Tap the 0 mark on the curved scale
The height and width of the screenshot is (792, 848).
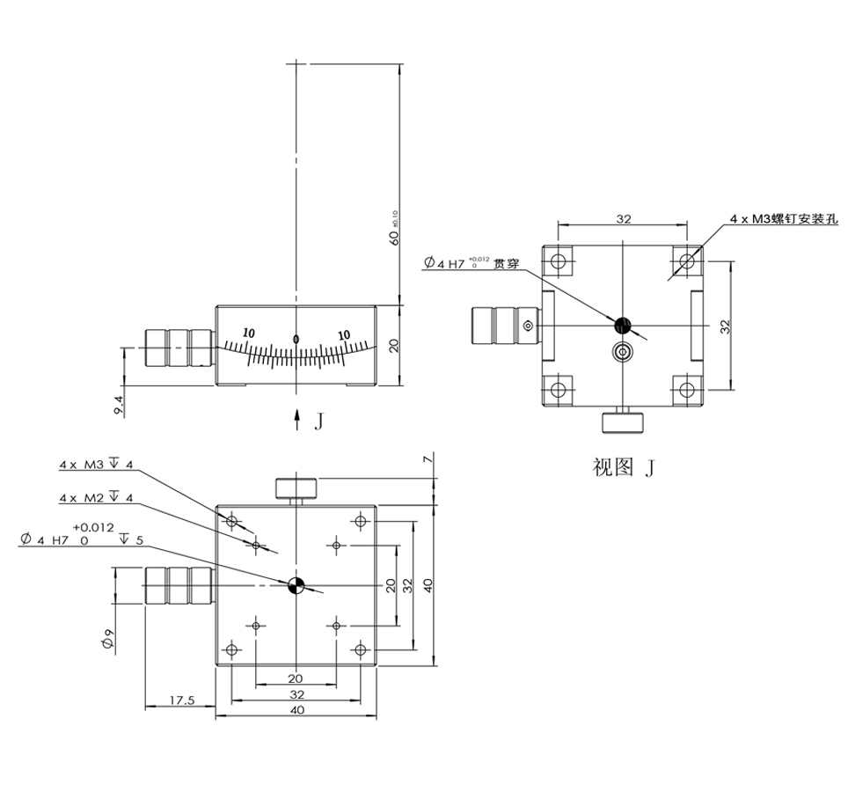296,339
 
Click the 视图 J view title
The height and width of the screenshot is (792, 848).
624,467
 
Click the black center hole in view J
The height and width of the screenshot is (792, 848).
624,326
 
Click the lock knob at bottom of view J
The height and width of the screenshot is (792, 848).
624,422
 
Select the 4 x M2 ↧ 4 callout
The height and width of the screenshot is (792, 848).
96,498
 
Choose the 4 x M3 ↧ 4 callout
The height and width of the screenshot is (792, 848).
96,464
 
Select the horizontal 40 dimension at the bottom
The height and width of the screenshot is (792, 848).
296,711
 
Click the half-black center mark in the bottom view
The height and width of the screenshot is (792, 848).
296,586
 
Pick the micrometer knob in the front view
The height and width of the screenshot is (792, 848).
179,348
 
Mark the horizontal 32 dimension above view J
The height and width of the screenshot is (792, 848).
623,218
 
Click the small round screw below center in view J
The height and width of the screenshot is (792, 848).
624,353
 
